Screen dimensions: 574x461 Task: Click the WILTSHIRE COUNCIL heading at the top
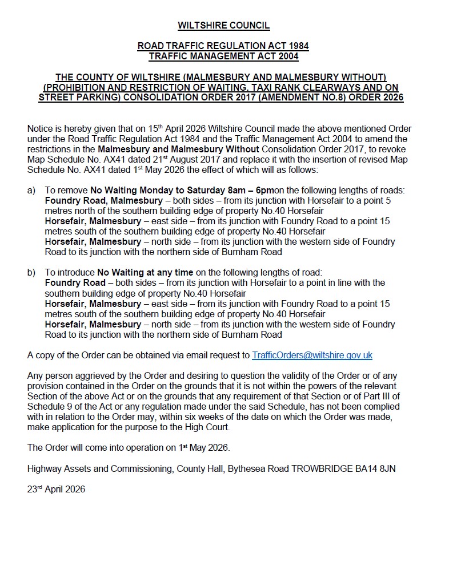click(223, 25)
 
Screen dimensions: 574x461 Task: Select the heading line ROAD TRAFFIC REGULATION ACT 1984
click(223, 46)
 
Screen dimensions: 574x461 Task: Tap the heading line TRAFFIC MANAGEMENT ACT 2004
click(223, 56)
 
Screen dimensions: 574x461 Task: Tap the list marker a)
click(32, 191)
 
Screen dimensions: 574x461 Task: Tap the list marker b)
click(32, 273)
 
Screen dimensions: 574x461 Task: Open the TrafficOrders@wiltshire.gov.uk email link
click(312, 355)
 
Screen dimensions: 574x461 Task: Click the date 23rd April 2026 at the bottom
click(56, 489)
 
